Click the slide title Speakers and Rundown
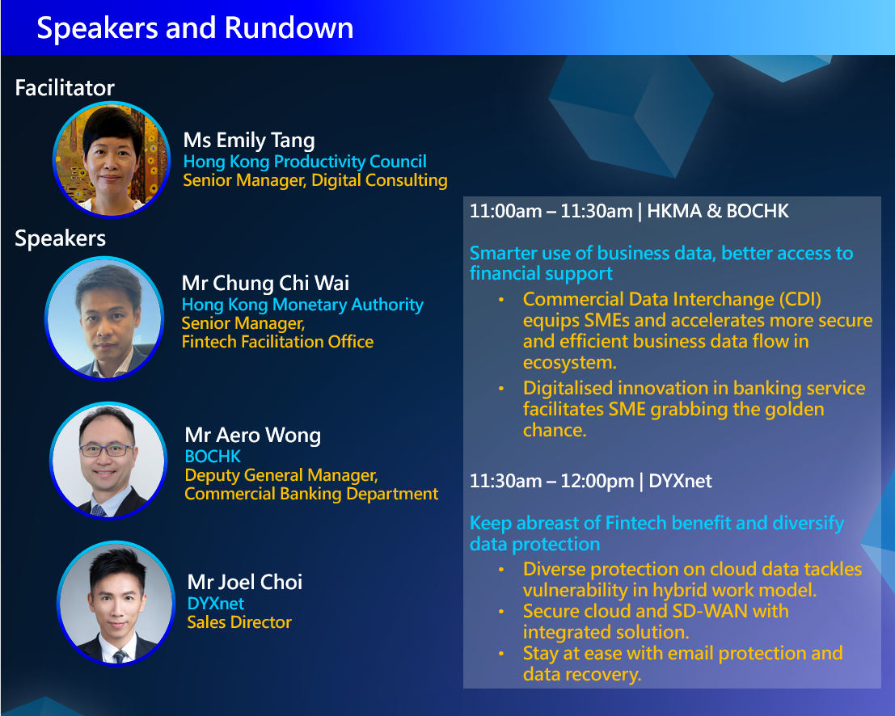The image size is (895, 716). pos(195,28)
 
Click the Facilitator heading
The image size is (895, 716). pos(65,87)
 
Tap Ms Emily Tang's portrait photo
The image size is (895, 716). pos(112,159)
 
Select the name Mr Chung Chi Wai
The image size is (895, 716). pos(265,283)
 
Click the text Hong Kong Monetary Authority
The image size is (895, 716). pos(302,305)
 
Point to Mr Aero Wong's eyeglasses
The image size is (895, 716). pos(107,450)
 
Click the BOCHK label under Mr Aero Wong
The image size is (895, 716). pos(213,457)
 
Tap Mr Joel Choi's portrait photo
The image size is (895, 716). pos(116,603)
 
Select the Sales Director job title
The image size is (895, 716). pos(239,622)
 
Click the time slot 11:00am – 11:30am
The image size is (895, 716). pos(551,212)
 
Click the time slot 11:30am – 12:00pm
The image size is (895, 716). pos(551,482)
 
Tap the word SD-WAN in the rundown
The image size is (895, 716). pos(709,611)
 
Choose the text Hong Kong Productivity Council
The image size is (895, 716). pos(305,162)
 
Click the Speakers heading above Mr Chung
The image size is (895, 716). pos(60,238)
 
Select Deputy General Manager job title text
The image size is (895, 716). pos(281,475)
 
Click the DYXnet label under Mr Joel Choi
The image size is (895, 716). pos(216,604)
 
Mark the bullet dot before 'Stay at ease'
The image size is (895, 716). pos(501,654)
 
